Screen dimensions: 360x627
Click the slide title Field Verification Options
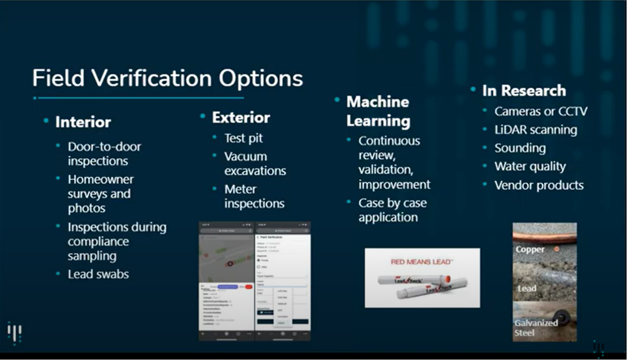(167, 78)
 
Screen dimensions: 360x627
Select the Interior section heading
(83, 122)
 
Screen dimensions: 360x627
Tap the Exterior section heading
(241, 118)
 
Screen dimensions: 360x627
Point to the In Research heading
(524, 91)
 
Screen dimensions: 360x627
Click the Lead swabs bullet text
(98, 274)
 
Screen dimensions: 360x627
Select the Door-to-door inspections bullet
(104, 153)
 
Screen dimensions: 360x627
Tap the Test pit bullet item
(243, 138)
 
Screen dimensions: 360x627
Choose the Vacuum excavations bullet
(255, 164)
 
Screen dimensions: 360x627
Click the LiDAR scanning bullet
(535, 130)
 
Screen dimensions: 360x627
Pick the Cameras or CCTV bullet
(540, 111)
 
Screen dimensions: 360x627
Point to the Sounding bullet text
(520, 148)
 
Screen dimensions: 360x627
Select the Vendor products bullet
(539, 185)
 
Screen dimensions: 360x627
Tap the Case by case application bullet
(392, 210)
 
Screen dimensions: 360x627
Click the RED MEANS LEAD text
(421, 262)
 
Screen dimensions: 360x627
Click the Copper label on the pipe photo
(530, 250)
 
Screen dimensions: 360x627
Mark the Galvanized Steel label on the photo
(536, 328)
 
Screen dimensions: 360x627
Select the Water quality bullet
(530, 167)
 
